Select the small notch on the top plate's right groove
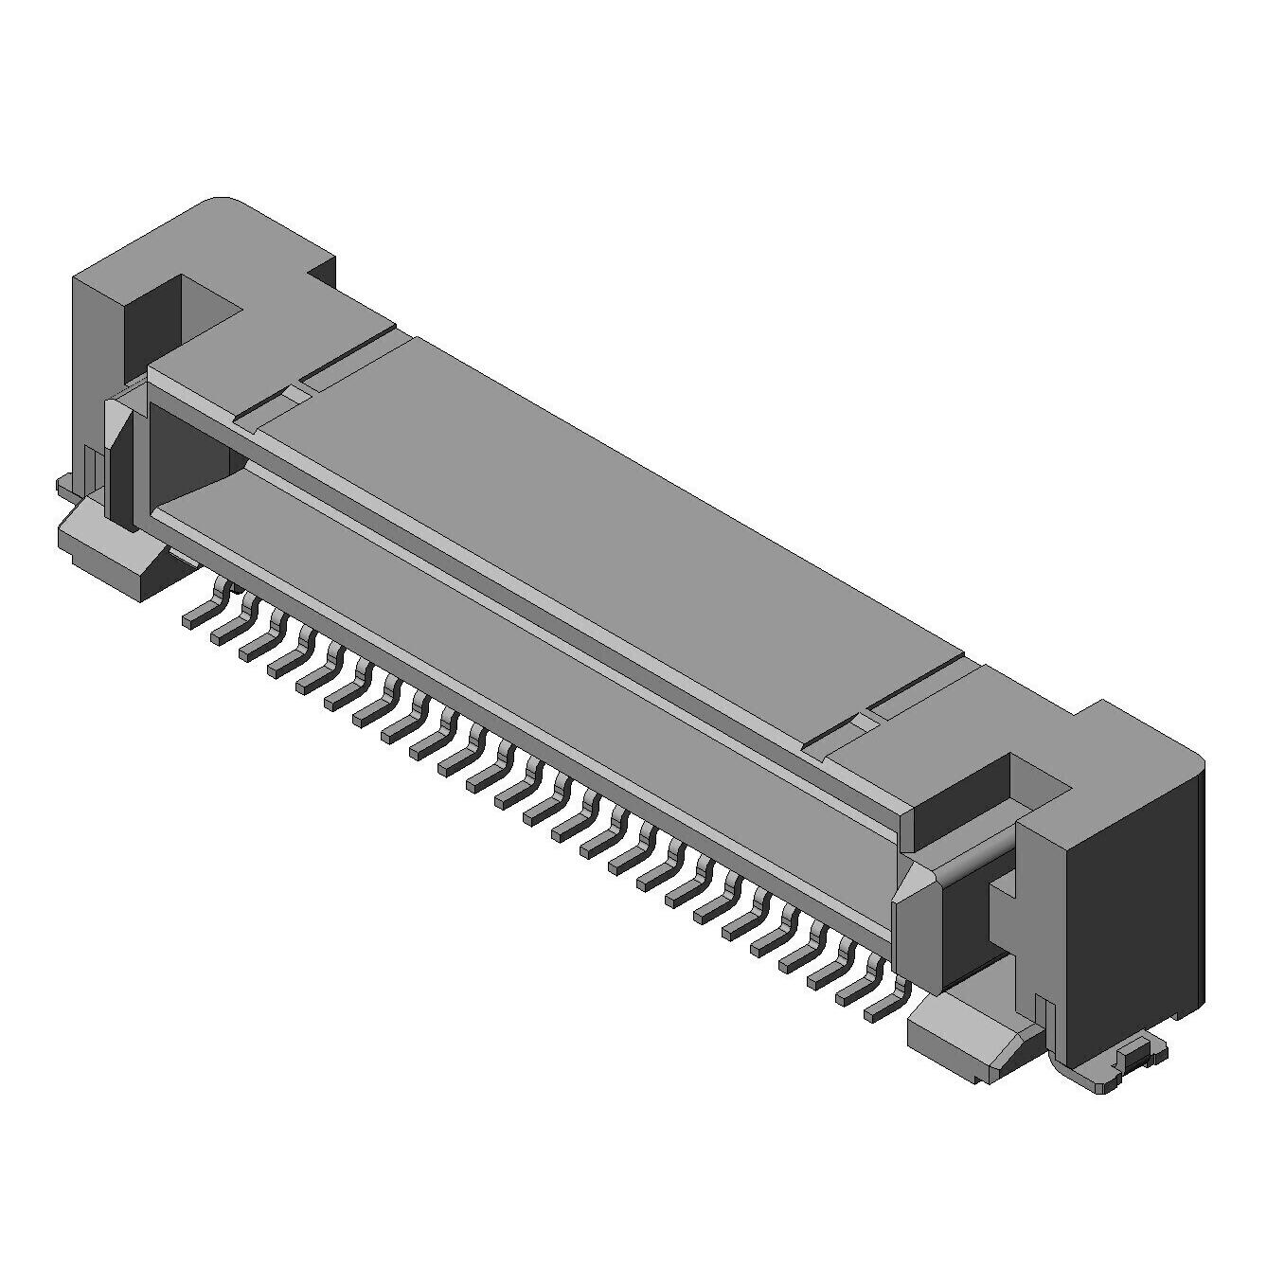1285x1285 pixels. tap(863, 724)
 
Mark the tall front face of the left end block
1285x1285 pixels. tap(95, 360)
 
